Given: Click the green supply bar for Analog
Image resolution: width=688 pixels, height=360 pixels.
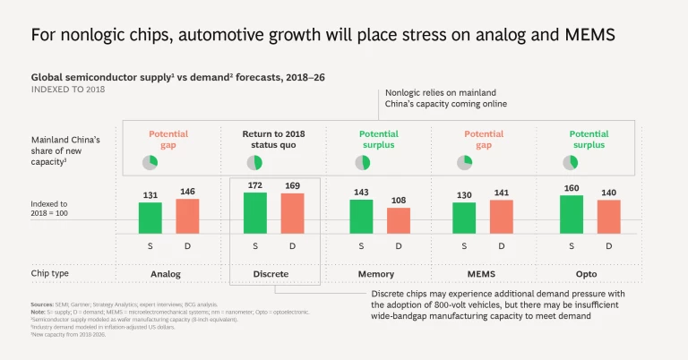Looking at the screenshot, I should (150, 218).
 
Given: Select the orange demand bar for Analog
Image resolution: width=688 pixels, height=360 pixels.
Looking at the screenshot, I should (187, 216).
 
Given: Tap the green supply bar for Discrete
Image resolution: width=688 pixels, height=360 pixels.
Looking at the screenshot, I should (256, 213).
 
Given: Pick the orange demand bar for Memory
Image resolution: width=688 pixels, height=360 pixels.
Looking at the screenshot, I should (399, 220).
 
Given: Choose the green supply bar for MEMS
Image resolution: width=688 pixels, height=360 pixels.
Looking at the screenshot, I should (464, 218).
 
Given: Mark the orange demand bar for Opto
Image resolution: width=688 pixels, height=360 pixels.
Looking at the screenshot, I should (609, 217).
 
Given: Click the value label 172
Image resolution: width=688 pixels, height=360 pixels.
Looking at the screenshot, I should (256, 185).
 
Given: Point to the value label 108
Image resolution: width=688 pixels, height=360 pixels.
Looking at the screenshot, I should (399, 201).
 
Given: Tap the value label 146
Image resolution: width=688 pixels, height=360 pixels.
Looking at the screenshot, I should (187, 192).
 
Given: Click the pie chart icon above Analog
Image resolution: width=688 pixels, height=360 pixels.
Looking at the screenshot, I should (150, 162).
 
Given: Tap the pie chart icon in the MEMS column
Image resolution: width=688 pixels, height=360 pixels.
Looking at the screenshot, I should (464, 162).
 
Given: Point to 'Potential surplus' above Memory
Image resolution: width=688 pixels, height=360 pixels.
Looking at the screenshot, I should (380, 139).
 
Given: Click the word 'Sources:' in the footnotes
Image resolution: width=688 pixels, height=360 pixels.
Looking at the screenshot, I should (41, 304).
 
